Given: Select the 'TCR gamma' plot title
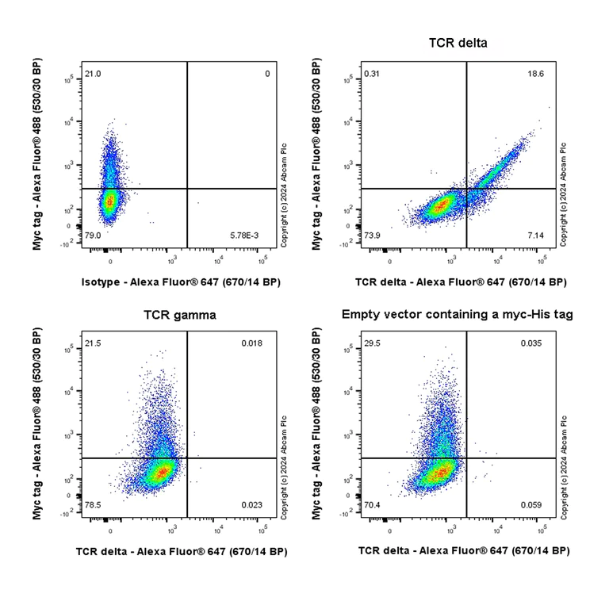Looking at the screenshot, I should tap(179, 315).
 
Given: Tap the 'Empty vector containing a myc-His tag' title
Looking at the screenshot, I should tap(458, 315).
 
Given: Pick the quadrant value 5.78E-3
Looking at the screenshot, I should tap(255, 236).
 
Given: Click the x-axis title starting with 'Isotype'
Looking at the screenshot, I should tap(181, 282).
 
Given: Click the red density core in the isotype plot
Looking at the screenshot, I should tap(110, 202).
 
